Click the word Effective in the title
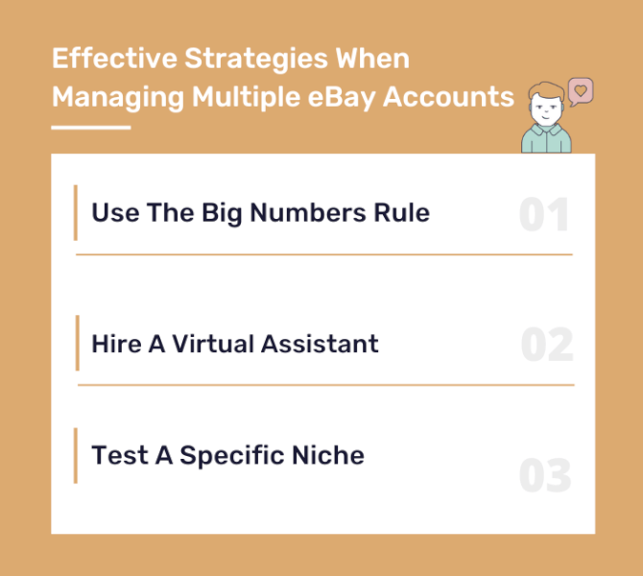tap(114, 58)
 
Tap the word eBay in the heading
tap(342, 98)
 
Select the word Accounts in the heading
tap(448, 97)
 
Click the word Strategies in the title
tap(256, 60)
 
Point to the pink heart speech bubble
tap(581, 92)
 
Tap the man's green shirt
tap(546, 139)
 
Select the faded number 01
tap(544, 214)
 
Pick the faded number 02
tap(547, 345)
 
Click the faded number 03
tap(545, 475)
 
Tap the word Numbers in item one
tap(308, 212)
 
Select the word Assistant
tap(320, 344)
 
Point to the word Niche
tap(328, 455)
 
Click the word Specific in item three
tap(232, 456)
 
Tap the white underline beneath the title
tap(91, 128)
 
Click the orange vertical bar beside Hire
tap(78, 343)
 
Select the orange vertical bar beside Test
tap(76, 456)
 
